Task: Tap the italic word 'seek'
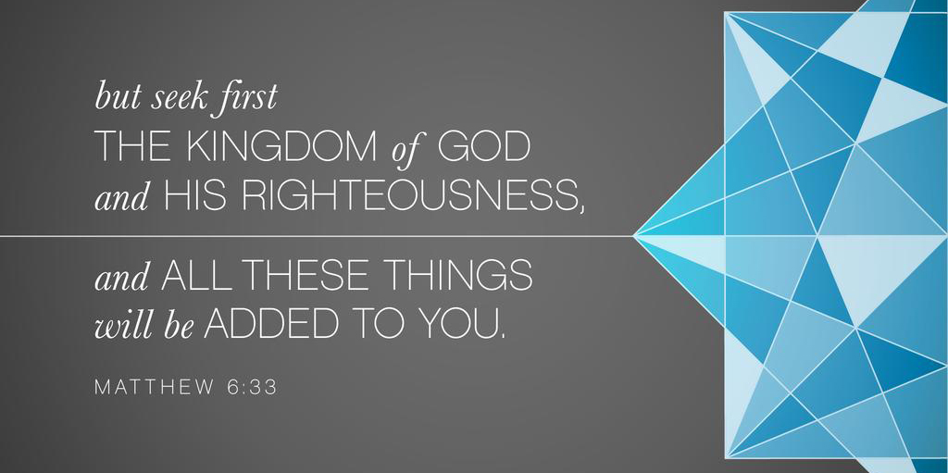pyautogui.click(x=171, y=97)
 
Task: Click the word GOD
pyautogui.click(x=483, y=147)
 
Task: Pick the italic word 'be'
pyautogui.click(x=177, y=325)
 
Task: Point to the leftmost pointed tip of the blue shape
pyautogui.click(x=633, y=235)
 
